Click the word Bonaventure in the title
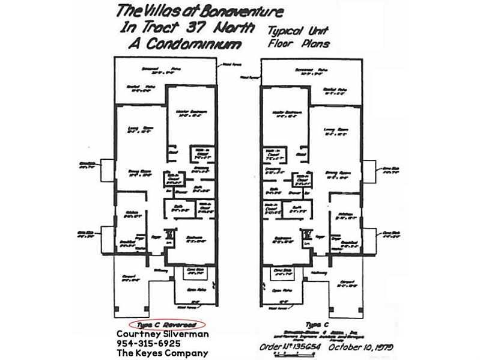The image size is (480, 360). (216, 11)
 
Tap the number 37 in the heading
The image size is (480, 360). (220, 28)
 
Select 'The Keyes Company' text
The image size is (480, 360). (162, 353)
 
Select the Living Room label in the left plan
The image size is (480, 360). (138, 128)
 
